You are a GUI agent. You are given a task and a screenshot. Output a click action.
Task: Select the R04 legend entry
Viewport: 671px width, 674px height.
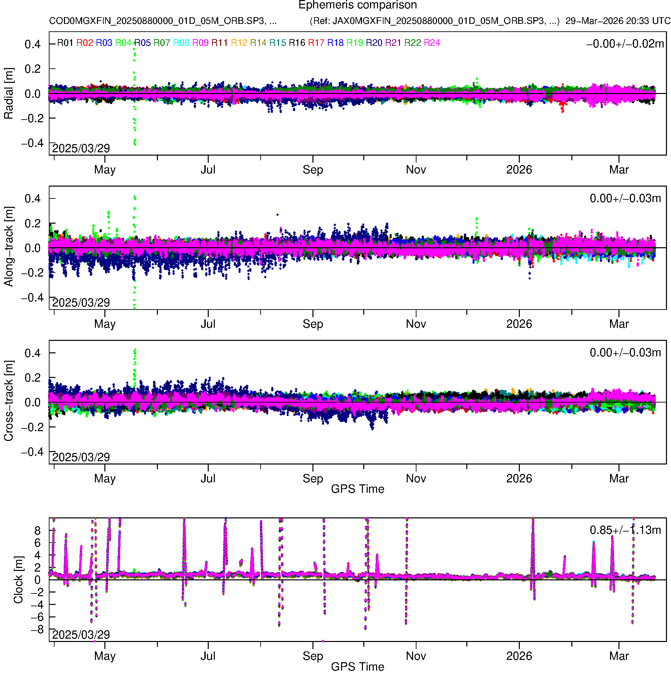[123, 43]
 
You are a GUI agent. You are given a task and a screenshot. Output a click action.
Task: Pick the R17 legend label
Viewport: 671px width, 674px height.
[316, 43]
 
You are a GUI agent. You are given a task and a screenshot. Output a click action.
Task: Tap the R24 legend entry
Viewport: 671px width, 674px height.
[432, 43]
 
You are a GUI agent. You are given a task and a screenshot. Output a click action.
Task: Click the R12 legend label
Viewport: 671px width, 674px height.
[239, 43]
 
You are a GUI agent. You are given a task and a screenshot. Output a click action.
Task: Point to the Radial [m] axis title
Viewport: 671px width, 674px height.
[9, 94]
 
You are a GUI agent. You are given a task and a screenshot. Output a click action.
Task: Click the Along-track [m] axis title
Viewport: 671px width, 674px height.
[9, 247]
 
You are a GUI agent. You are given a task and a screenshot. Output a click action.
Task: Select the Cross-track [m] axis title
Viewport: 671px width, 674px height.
[9, 401]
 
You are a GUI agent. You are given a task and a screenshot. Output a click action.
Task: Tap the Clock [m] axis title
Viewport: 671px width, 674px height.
[18, 580]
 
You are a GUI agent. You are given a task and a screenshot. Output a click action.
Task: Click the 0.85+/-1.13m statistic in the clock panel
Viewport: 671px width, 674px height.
[625, 530]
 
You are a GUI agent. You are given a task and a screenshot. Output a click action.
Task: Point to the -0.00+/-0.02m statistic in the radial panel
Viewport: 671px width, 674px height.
[625, 44]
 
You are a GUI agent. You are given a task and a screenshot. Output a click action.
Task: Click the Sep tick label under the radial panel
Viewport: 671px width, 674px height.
[313, 170]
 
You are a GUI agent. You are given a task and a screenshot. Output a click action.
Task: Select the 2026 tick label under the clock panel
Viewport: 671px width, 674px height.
[519, 656]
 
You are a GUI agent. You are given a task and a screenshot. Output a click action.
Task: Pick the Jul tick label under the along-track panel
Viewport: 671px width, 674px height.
[208, 324]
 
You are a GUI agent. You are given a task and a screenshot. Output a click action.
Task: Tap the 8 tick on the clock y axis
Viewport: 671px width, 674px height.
[37, 531]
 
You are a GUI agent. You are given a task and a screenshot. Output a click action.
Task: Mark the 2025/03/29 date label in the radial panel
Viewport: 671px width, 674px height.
[81, 149]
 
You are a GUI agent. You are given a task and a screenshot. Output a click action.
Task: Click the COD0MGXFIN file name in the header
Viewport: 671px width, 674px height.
[163, 21]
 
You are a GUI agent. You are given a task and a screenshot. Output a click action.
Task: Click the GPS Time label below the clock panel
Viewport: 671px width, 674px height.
[358, 667]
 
